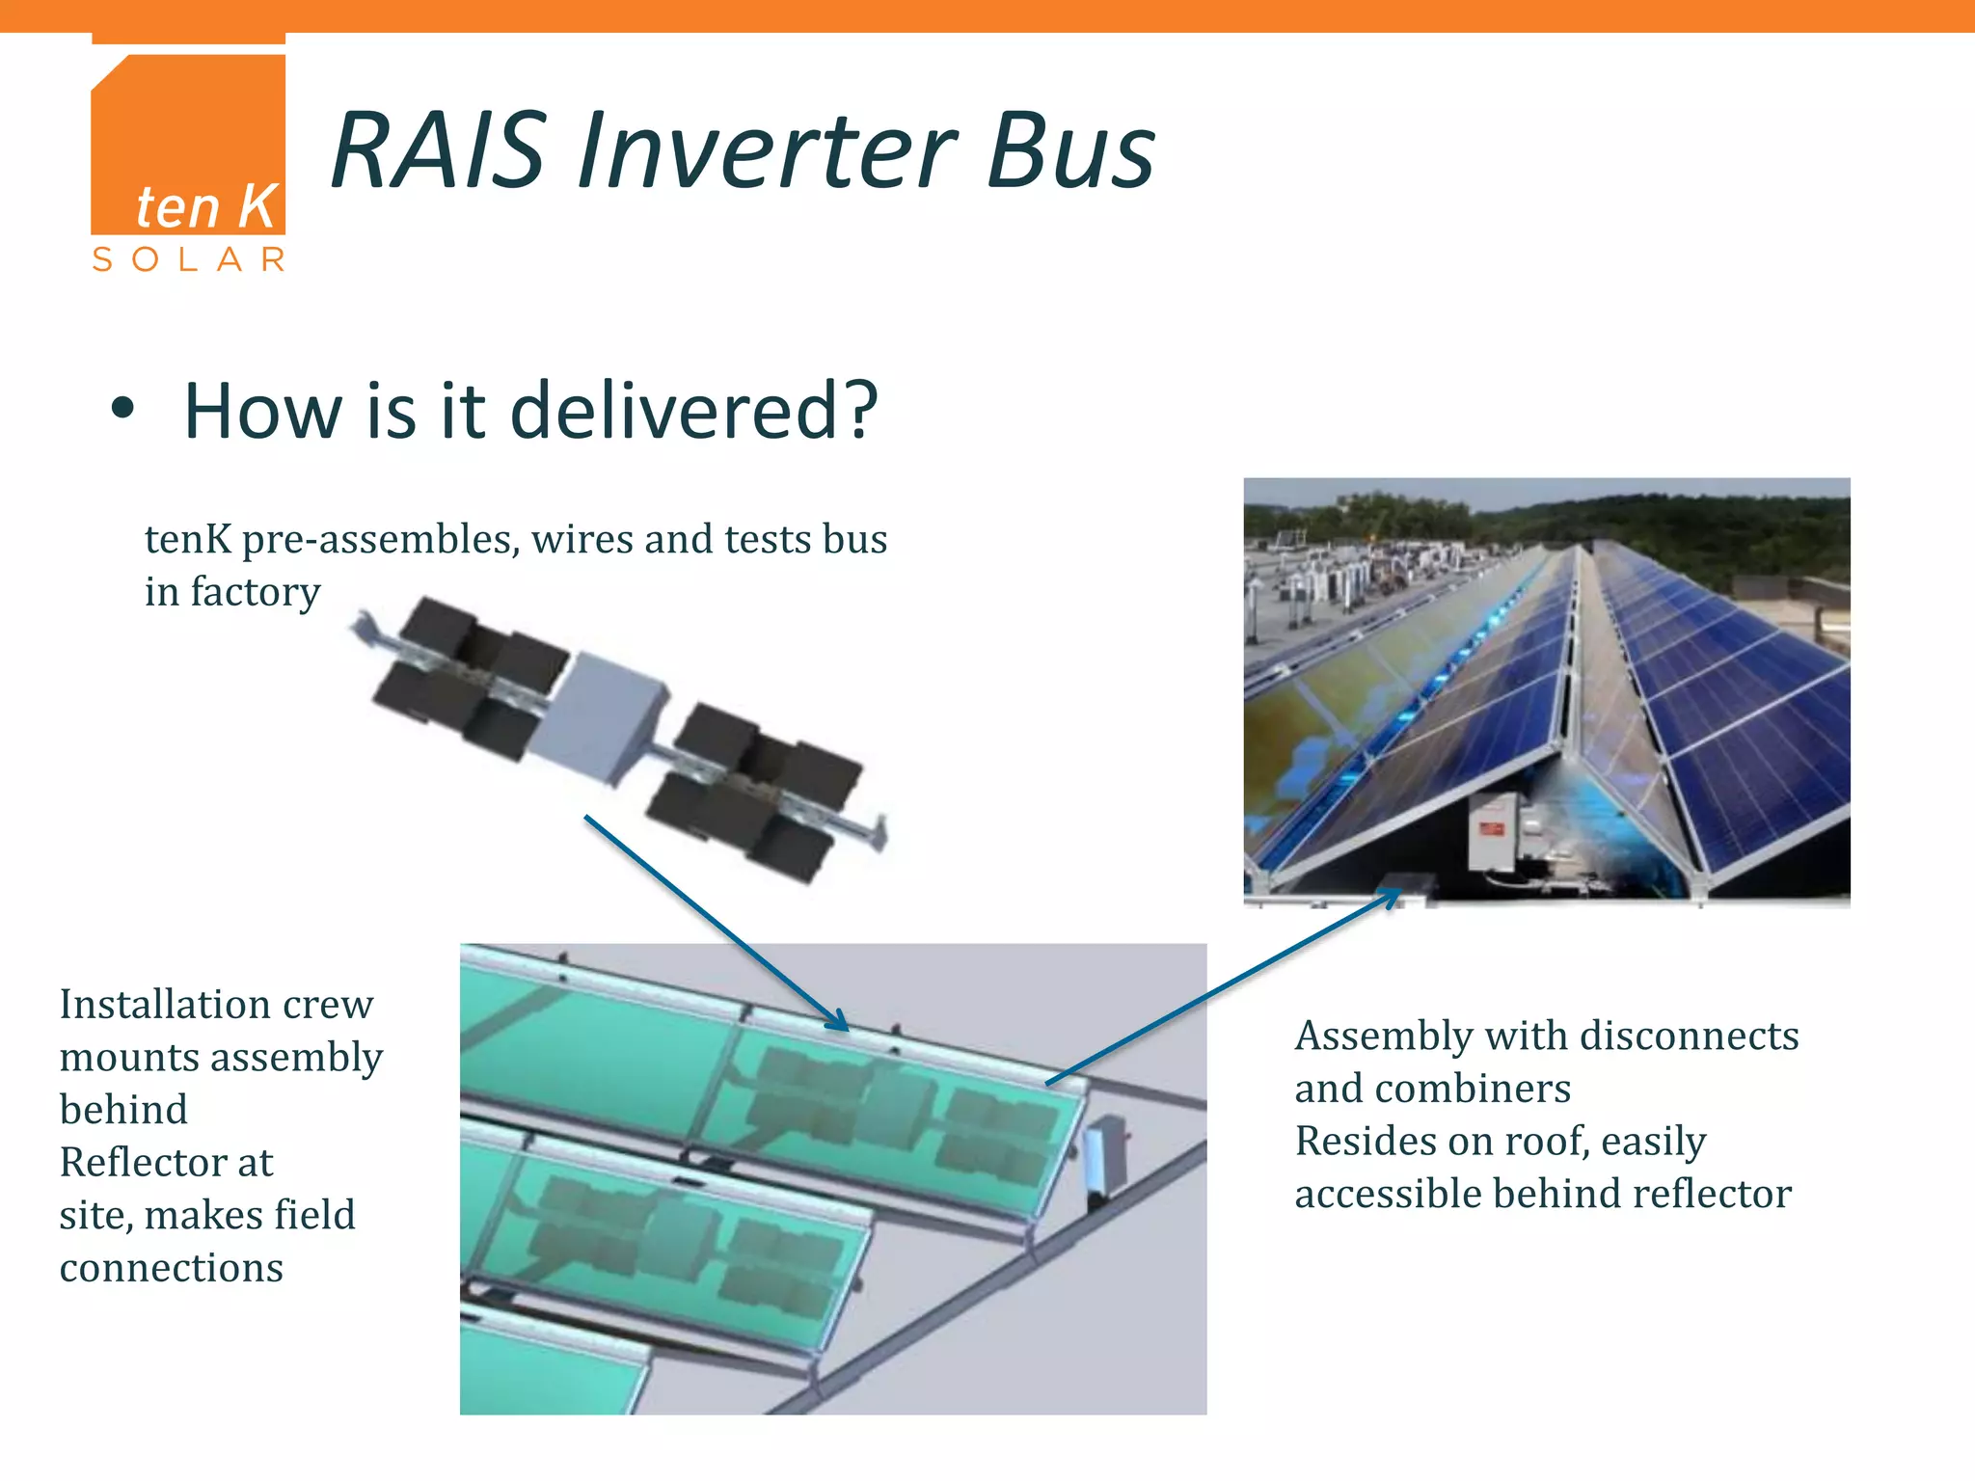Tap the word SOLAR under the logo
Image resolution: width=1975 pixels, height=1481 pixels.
[188, 259]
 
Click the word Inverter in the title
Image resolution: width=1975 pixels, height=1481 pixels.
[766, 151]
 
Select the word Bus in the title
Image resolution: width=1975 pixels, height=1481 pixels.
[1070, 151]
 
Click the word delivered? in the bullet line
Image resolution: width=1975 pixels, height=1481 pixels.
[693, 411]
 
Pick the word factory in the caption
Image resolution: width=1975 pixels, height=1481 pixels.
[256, 592]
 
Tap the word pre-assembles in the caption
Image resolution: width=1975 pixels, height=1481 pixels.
[381, 540]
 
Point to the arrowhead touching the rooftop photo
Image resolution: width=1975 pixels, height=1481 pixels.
[1391, 896]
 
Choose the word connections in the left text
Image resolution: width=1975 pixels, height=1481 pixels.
[172, 1268]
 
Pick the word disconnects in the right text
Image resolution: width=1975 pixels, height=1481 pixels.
[1689, 1037]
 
